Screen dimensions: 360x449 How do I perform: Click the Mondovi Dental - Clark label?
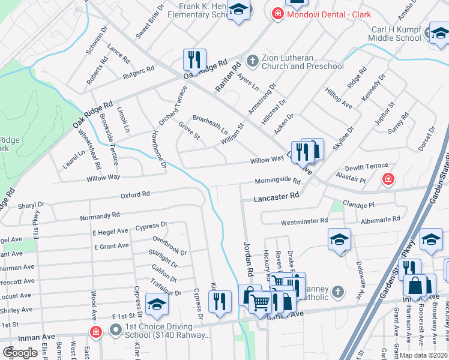click(328, 14)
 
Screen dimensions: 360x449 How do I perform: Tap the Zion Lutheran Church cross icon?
click(252, 61)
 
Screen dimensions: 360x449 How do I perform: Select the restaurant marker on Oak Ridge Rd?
click(194, 59)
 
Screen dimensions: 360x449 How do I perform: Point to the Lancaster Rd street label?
click(276, 196)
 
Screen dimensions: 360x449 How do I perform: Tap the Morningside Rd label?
click(277, 180)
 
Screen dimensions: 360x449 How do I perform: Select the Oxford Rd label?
click(134, 195)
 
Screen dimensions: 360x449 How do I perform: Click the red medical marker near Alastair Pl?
click(389, 179)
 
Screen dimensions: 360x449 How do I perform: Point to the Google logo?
click(20, 352)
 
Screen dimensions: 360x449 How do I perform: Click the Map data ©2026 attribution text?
click(423, 355)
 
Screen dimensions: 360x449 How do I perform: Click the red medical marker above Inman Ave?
click(95, 331)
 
